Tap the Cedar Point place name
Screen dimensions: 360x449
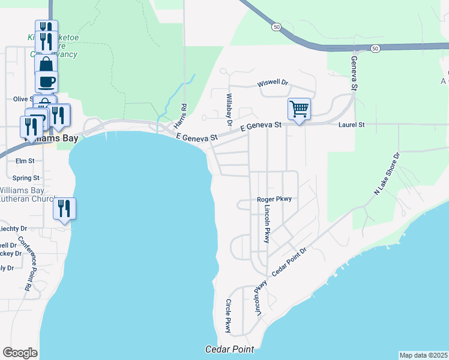[x=229, y=349]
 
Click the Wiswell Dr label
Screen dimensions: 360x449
[x=273, y=83]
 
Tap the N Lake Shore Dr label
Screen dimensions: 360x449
[x=387, y=173]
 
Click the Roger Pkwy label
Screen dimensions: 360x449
[x=274, y=199]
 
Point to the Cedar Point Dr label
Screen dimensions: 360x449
[x=289, y=262]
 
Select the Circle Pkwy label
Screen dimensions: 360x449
[x=228, y=316]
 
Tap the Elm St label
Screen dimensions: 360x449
[x=25, y=161]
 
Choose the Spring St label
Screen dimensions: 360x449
[x=26, y=178]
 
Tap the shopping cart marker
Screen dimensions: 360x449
[x=299, y=109]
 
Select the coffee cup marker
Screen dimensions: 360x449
[x=46, y=81]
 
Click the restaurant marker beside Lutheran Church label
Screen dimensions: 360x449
[x=64, y=209]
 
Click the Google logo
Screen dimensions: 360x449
[x=20, y=353]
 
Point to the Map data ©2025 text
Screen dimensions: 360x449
[x=423, y=355]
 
